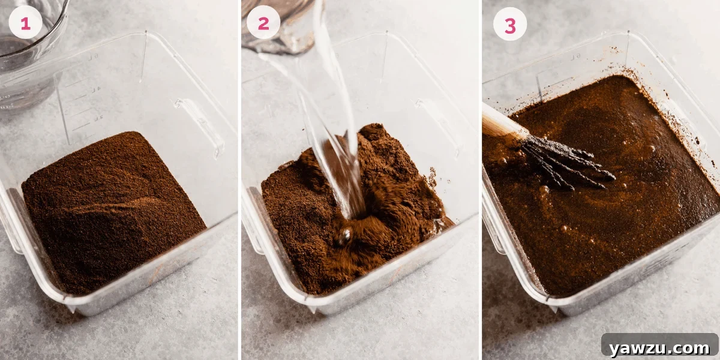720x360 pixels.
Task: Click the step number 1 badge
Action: tap(25, 23)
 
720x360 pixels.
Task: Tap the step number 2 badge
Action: tap(263, 23)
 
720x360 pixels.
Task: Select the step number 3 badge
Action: tap(509, 25)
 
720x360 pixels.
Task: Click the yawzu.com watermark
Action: tap(659, 347)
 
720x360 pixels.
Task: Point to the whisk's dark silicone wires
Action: tap(570, 161)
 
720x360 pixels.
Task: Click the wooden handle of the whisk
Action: tap(501, 124)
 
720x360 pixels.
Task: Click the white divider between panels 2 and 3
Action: tap(481, 180)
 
